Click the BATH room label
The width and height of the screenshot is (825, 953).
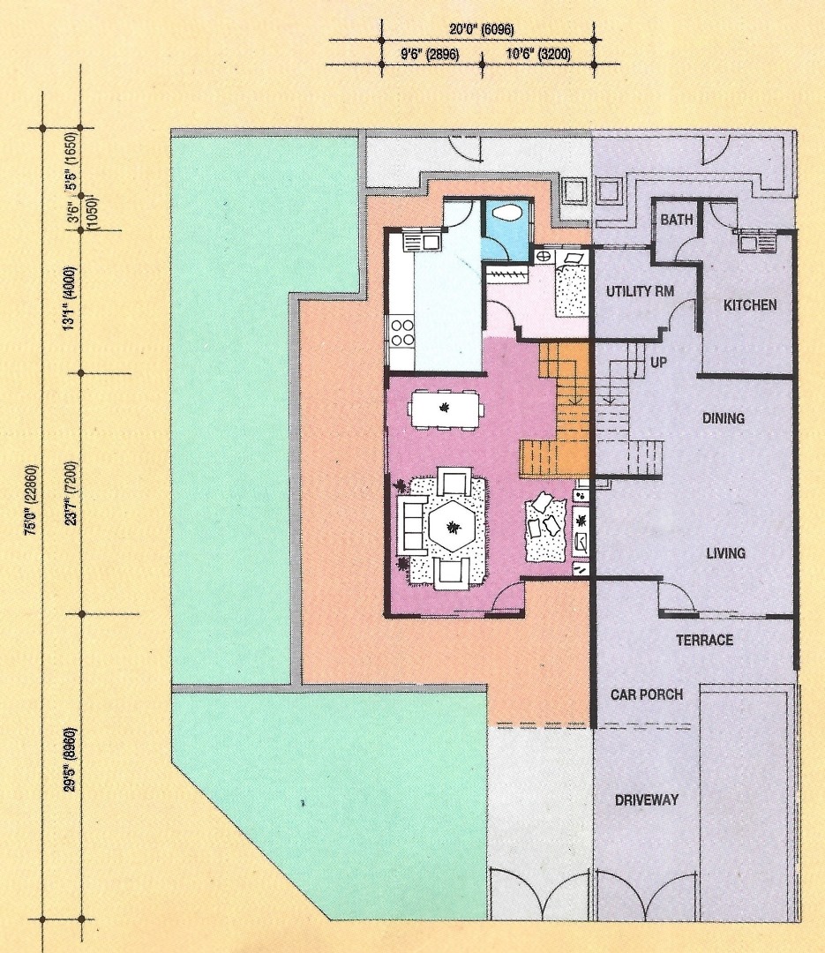(677, 220)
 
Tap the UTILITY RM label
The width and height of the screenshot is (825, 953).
(641, 292)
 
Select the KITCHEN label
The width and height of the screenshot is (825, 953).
(750, 305)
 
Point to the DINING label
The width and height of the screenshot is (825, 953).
(724, 418)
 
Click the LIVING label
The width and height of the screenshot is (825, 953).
(726, 553)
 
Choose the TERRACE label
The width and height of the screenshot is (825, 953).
(705, 640)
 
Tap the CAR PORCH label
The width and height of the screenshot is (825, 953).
(647, 694)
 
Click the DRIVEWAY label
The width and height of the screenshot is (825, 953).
(647, 800)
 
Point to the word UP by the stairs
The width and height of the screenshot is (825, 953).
(659, 363)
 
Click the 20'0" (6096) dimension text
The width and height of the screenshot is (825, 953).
(482, 29)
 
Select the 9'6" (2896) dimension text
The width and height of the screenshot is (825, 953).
(430, 55)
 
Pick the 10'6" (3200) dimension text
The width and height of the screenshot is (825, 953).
(538, 55)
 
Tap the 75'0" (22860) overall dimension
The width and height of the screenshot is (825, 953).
(31, 499)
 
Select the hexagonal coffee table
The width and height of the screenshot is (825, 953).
(452, 526)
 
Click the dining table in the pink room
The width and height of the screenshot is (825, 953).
(446, 409)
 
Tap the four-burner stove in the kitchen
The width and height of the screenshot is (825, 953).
(401, 332)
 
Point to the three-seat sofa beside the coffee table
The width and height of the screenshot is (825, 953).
(411, 524)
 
